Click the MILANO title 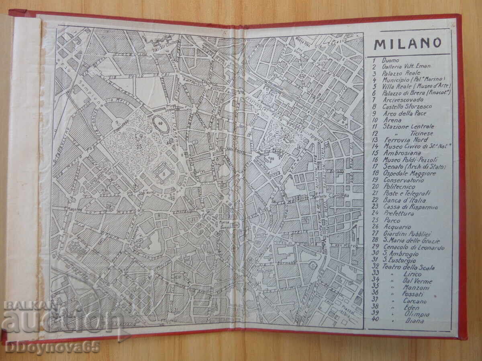407,43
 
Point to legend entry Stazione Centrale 403,126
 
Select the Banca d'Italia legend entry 399,200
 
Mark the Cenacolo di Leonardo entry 408,247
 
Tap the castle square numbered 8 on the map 164,174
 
